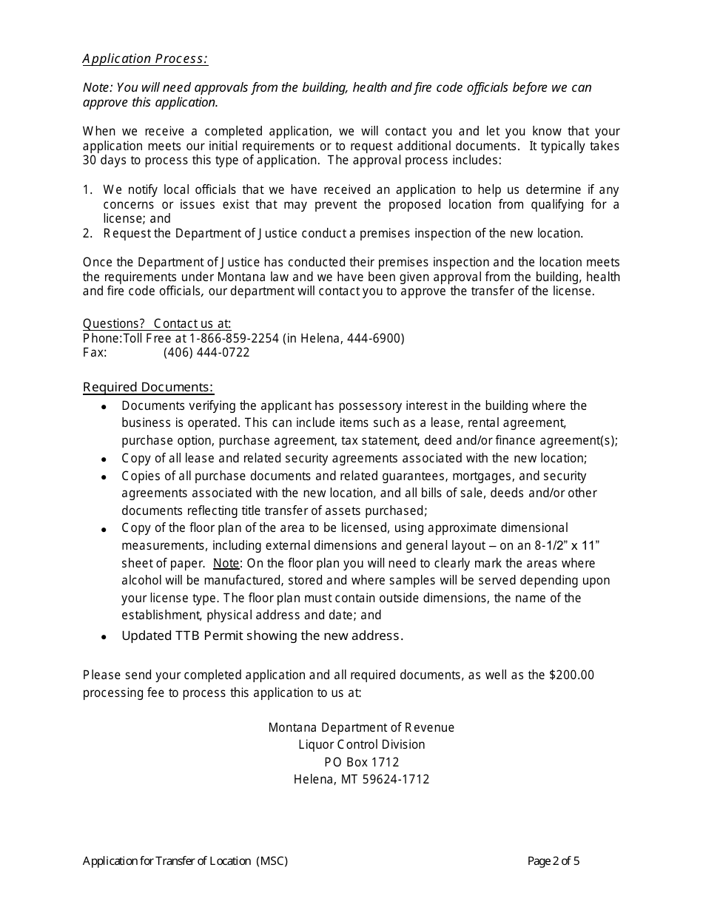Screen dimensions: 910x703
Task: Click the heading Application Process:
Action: [145, 58]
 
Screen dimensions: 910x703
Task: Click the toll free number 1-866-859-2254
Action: [234, 338]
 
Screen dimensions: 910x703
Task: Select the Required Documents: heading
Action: [148, 387]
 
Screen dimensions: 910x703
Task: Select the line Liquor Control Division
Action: [361, 744]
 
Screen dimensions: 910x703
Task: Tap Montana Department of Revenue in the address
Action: [361, 727]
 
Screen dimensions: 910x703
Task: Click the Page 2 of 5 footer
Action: [554, 860]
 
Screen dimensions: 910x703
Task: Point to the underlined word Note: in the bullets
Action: [226, 563]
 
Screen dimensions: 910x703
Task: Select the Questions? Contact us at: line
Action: [157, 323]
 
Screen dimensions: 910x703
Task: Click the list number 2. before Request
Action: [87, 234]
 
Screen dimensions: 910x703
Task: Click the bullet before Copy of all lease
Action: [104, 459]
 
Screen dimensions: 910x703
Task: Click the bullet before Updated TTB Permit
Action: [104, 637]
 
